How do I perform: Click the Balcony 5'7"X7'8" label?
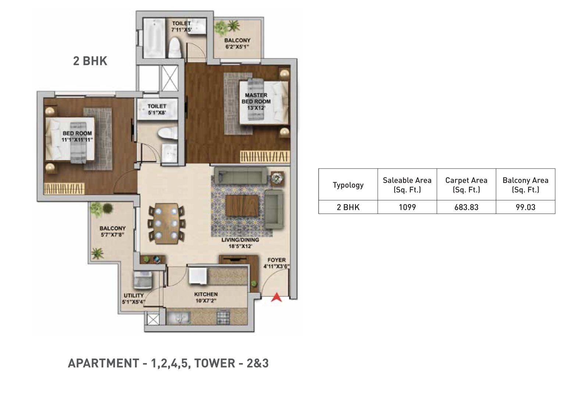(x=112, y=231)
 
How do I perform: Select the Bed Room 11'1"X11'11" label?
(x=77, y=137)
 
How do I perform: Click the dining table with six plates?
(x=166, y=224)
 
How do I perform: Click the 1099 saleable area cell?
(x=407, y=207)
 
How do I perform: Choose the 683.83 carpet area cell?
(x=466, y=207)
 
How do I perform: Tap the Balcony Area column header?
(x=525, y=185)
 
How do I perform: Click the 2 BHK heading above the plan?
(x=90, y=61)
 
